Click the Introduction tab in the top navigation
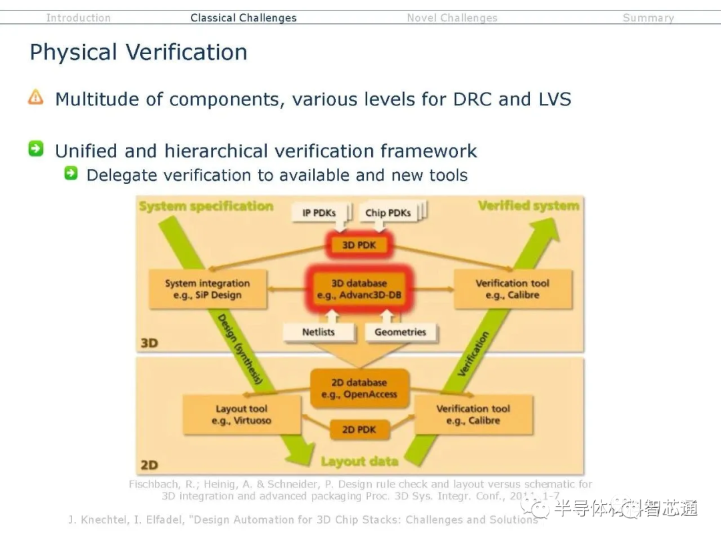(78, 18)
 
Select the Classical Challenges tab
(243, 18)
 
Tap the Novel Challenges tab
(452, 18)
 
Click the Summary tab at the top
(648, 18)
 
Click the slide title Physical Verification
(138, 52)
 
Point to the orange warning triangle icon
(35, 98)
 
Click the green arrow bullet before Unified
(36, 149)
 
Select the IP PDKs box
(318, 213)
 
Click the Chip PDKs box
(387, 213)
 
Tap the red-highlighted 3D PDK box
(359, 245)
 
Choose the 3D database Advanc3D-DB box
(359, 289)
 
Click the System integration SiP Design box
(207, 289)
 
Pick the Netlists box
(318, 331)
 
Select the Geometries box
(401, 331)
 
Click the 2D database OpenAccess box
(359, 388)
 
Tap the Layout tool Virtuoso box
(242, 415)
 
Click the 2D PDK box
(359, 430)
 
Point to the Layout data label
(359, 461)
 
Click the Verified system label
(528, 205)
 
